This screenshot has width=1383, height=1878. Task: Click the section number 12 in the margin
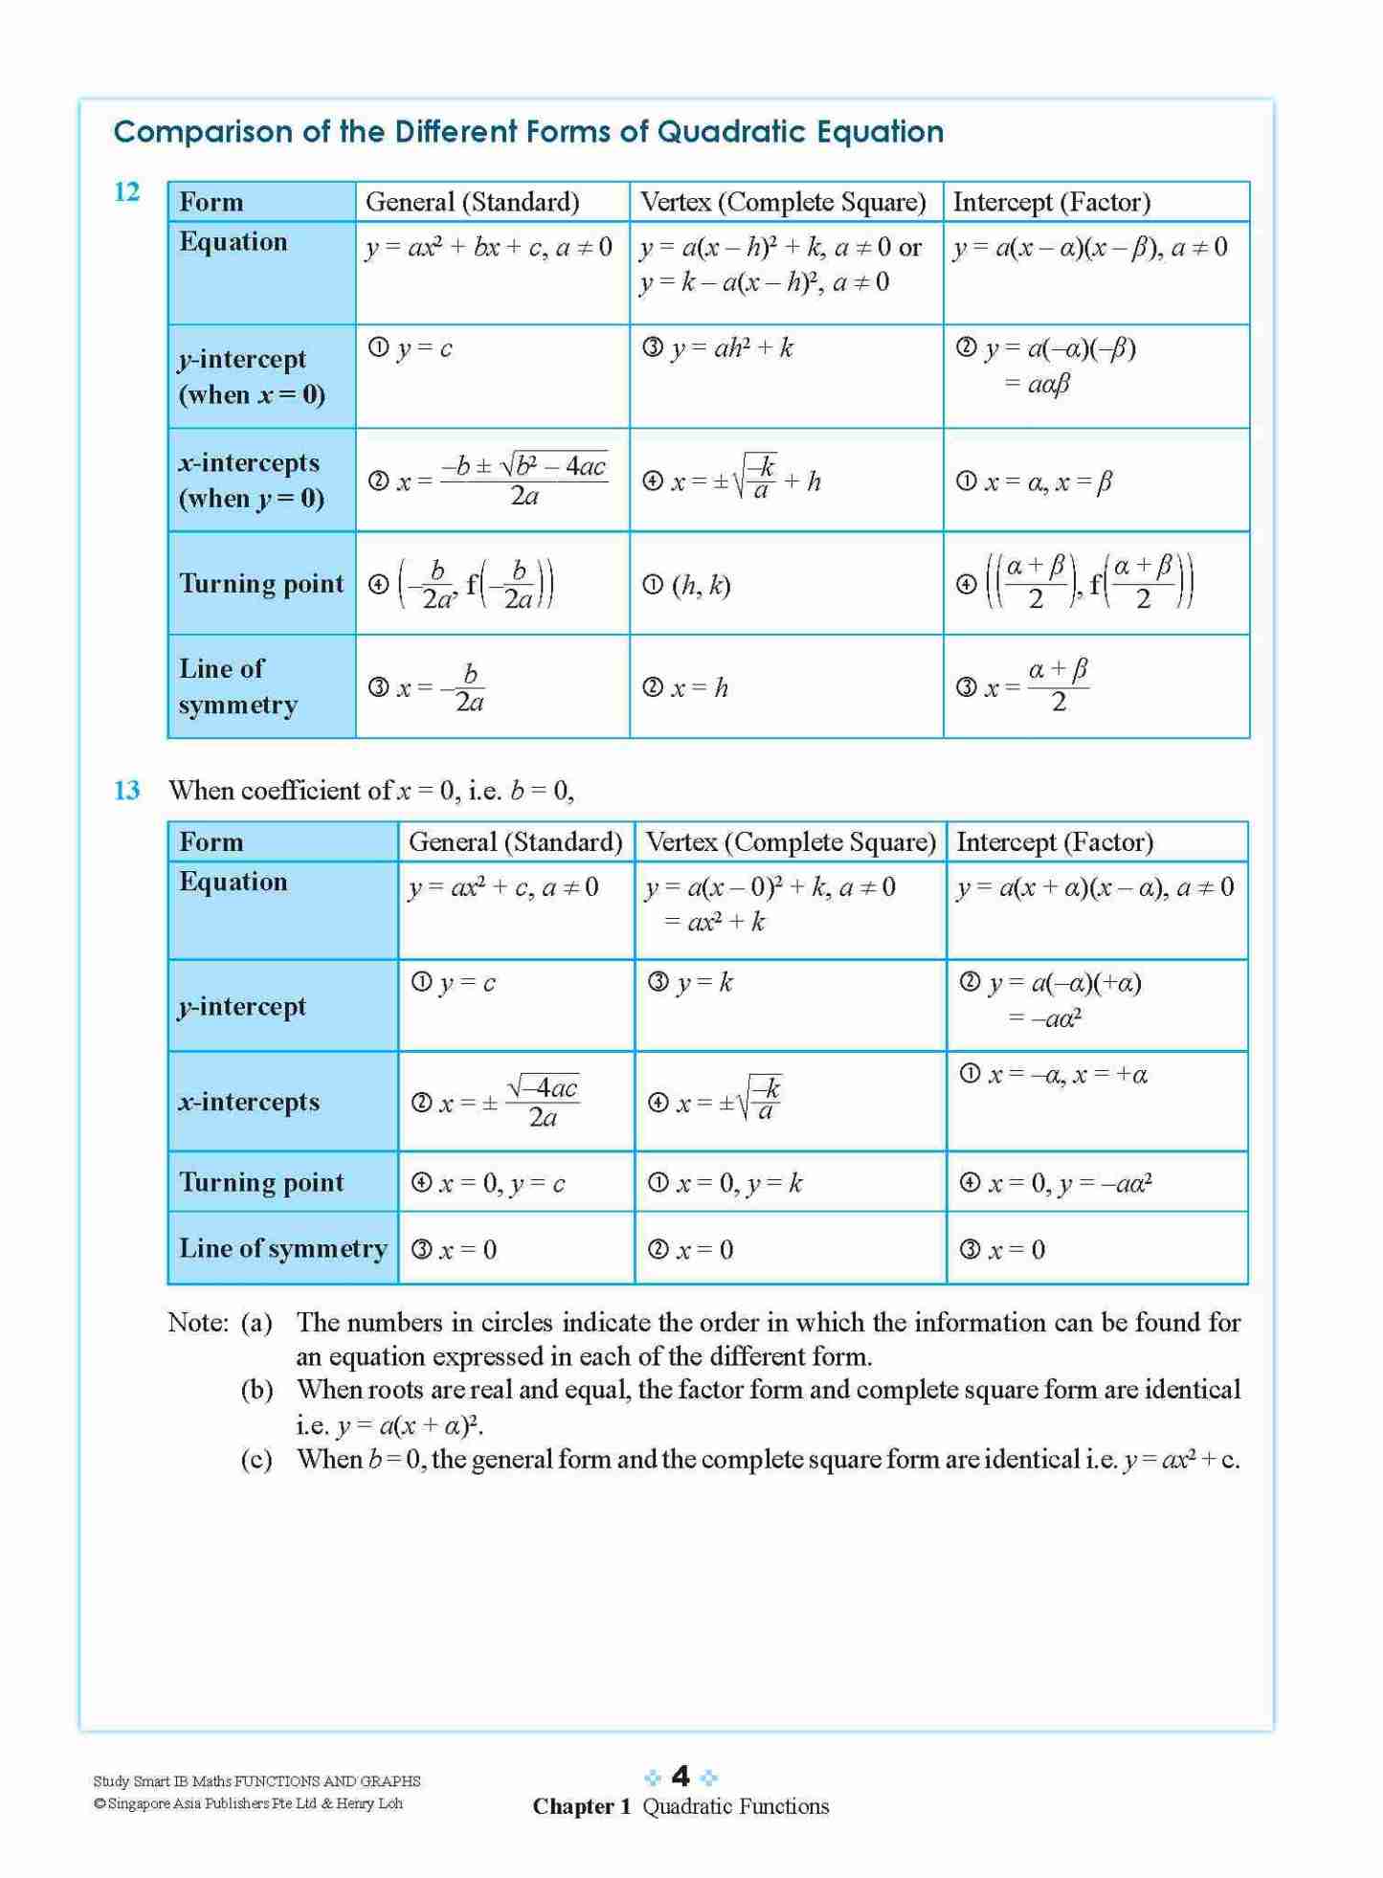(x=127, y=192)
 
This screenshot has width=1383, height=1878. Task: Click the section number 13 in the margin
(x=127, y=791)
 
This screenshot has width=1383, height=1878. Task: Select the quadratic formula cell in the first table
(x=492, y=480)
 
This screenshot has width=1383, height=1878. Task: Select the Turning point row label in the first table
(x=261, y=584)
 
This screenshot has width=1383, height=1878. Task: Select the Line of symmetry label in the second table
(x=283, y=1248)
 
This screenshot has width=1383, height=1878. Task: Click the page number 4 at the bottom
(x=680, y=1777)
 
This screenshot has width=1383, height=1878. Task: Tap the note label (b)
(x=257, y=1390)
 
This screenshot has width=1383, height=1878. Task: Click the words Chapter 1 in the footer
(x=582, y=1806)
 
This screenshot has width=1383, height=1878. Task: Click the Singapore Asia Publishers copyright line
(x=248, y=1803)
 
